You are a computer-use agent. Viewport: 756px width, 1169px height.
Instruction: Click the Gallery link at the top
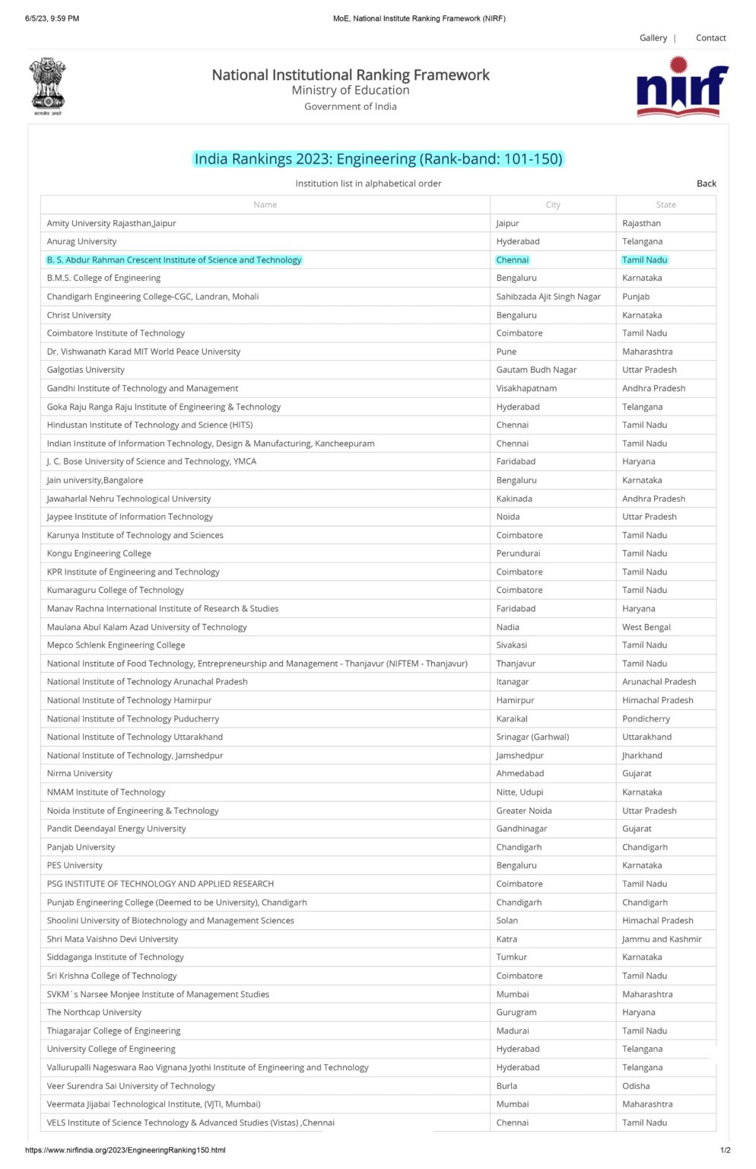point(653,38)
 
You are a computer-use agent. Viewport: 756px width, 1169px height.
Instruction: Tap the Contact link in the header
point(710,38)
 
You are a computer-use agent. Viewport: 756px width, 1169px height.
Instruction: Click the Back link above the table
point(706,183)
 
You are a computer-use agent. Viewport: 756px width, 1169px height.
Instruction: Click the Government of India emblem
point(48,86)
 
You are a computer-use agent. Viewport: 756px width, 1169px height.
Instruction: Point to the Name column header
point(265,205)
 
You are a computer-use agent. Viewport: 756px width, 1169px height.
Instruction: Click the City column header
point(553,205)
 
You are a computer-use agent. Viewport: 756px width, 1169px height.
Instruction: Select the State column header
point(665,205)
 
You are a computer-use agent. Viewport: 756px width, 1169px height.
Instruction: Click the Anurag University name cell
point(82,241)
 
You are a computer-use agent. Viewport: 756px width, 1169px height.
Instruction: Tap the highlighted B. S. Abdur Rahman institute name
point(174,260)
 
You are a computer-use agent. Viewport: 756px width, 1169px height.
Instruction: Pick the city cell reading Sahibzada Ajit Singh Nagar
point(548,297)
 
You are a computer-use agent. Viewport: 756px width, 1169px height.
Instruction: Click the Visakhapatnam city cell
point(526,388)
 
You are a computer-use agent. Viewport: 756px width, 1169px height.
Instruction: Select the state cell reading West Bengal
point(646,627)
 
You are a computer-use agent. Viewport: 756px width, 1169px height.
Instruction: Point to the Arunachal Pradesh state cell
point(659,682)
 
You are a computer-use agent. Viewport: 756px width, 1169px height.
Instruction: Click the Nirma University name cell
point(80,773)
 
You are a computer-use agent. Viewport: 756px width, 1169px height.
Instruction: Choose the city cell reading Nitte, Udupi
point(519,792)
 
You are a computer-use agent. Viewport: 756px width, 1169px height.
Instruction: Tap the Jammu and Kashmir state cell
point(662,939)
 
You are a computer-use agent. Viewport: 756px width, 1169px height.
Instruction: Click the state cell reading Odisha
point(636,1086)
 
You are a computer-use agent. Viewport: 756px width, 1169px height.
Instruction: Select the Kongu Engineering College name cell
point(99,553)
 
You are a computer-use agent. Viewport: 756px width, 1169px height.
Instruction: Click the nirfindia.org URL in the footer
point(125,1150)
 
